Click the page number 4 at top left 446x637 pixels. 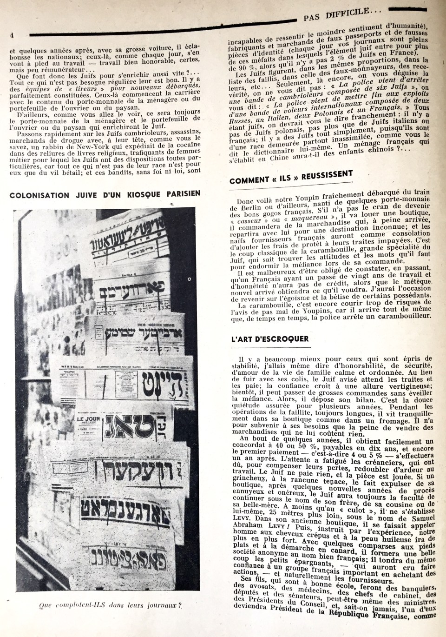coord(12,35)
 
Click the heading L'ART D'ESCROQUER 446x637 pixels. coord(269,338)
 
